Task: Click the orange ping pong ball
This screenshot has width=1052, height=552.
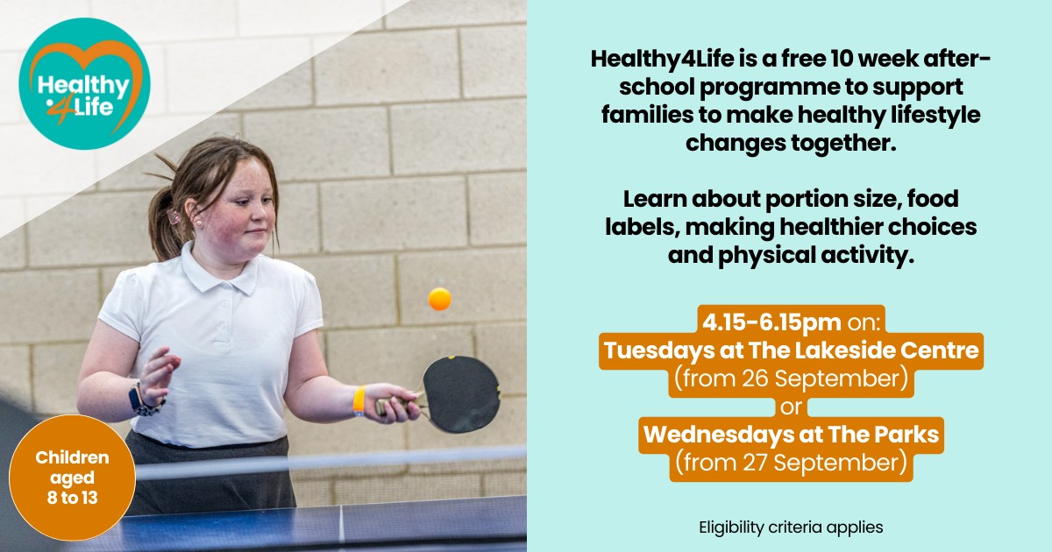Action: click(439, 299)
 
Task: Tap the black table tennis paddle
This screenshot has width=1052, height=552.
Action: click(459, 393)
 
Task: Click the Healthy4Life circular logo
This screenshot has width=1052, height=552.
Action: click(84, 84)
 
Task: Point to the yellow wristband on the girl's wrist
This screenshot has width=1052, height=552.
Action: click(359, 400)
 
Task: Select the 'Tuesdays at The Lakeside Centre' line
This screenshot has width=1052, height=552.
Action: click(792, 352)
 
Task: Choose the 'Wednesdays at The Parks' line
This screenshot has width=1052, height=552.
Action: click(792, 434)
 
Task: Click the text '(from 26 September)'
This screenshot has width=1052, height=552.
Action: click(792, 379)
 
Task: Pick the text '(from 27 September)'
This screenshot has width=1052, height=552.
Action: click(792, 462)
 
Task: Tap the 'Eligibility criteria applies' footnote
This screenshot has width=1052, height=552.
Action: click(791, 527)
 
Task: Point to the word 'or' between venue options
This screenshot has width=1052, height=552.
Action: click(792, 407)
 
